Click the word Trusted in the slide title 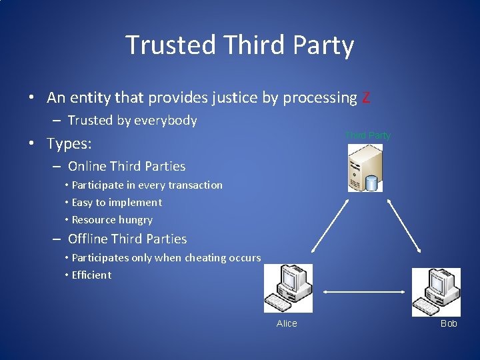coord(171,45)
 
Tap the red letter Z coord(365,98)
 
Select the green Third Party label coord(368,135)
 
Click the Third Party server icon coord(365,169)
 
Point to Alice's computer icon coord(288,288)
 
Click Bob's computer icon coord(436,292)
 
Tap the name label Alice coord(287,323)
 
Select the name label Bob coord(449,323)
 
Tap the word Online coord(87,166)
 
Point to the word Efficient coord(91,275)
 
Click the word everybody coord(166,121)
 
